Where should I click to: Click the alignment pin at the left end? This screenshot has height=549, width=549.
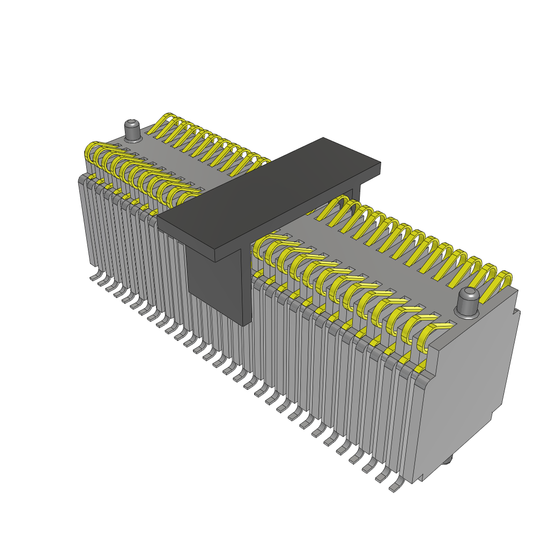132,131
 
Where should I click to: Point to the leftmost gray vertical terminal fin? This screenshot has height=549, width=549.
84,220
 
